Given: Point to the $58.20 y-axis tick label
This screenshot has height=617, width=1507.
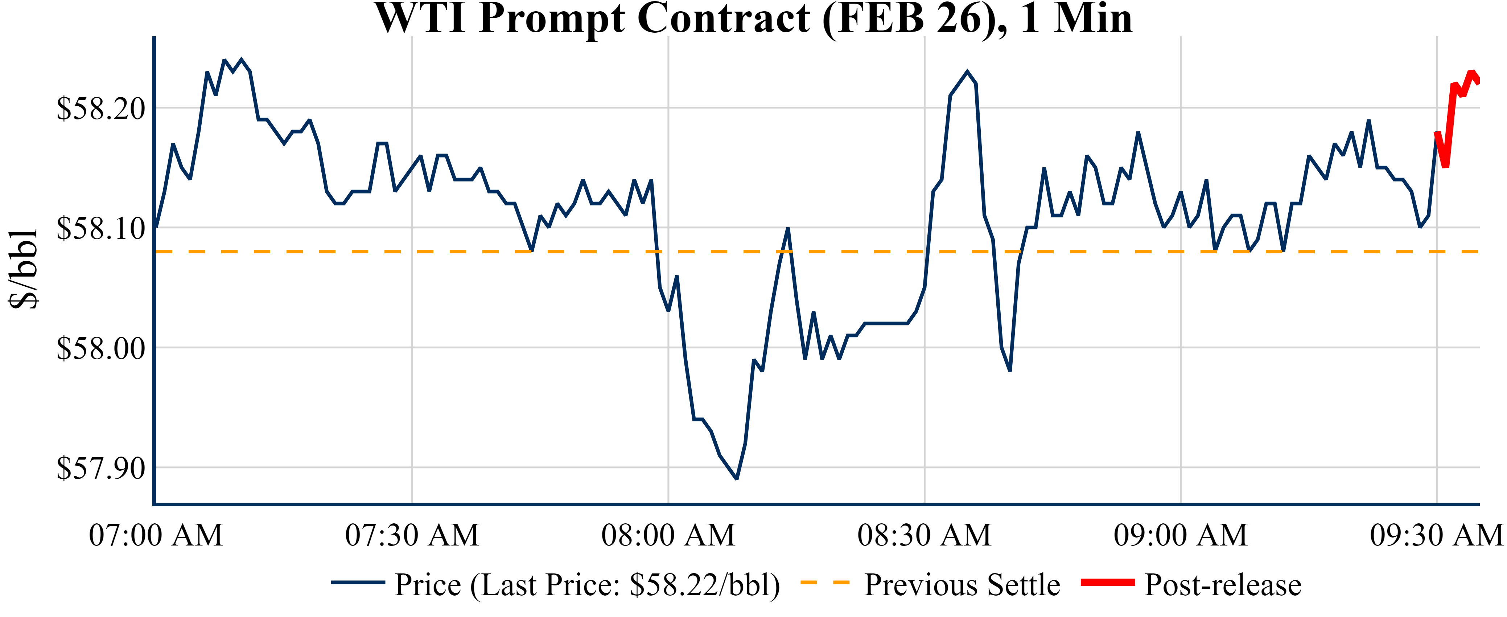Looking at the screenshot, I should tap(100, 108).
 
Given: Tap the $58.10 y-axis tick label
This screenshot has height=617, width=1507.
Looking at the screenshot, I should tap(100, 228).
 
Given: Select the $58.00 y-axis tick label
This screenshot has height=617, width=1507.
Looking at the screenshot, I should tap(100, 348).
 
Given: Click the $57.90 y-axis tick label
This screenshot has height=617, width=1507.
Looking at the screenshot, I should tap(100, 468).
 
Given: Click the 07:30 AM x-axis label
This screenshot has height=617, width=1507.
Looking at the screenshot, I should tap(412, 535).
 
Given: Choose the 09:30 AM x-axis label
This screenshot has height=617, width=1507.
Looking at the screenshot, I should tap(1436, 535).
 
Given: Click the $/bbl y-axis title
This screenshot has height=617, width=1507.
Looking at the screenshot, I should tap(24, 269).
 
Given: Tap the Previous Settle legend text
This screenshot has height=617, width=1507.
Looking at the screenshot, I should tap(962, 585).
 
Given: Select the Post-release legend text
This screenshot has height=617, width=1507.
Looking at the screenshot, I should tap(1223, 585).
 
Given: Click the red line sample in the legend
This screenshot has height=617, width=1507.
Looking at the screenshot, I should tap(1107, 583).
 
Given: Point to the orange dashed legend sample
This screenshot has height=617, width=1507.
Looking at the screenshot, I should tap(824, 583).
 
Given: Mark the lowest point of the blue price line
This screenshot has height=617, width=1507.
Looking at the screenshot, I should tap(737, 479).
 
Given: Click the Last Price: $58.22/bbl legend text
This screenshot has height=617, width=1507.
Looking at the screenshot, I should tap(587, 585).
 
